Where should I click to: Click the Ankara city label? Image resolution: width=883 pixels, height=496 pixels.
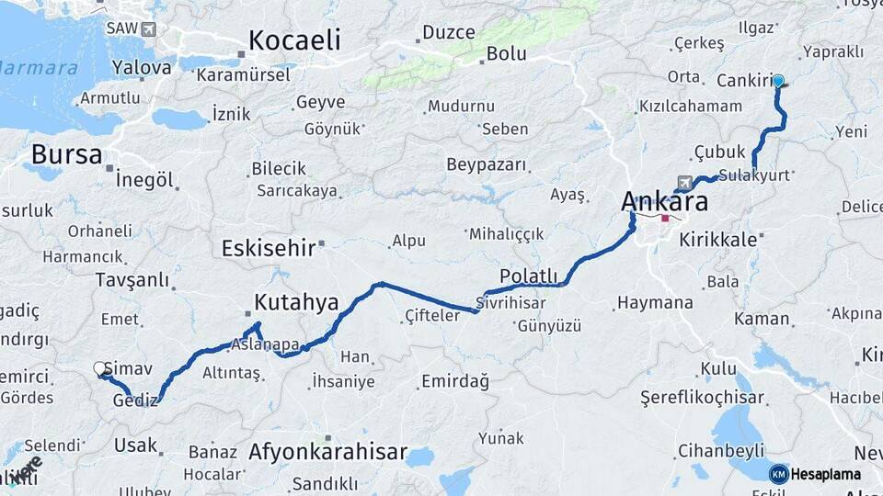tap(664, 201)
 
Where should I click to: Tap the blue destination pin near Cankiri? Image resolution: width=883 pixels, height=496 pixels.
tap(778, 81)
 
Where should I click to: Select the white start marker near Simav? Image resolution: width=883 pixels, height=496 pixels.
tap(100, 369)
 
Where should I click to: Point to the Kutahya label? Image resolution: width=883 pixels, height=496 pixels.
tap(296, 302)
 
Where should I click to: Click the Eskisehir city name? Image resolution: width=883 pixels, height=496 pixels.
tap(269, 248)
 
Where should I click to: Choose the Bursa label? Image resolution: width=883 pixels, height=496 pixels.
tap(66, 153)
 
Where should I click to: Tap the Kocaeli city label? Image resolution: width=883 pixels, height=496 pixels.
tap(294, 40)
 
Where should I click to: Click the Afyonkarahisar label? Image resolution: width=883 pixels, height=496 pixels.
tap(327, 452)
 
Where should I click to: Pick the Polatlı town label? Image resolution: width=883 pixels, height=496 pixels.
tap(529, 276)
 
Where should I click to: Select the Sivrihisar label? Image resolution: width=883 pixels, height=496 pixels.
tap(511, 301)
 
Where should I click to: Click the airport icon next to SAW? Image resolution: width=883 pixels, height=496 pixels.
tap(149, 28)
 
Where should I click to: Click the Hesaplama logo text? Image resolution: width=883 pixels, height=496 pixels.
tap(825, 474)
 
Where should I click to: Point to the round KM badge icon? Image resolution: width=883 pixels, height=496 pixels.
tap(778, 474)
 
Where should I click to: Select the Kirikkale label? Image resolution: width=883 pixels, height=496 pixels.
tap(717, 239)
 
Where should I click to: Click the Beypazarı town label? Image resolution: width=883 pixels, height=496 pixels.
tap(487, 165)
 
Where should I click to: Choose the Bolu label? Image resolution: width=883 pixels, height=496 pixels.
tap(506, 54)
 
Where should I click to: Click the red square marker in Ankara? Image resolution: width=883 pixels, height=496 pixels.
tap(665, 219)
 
